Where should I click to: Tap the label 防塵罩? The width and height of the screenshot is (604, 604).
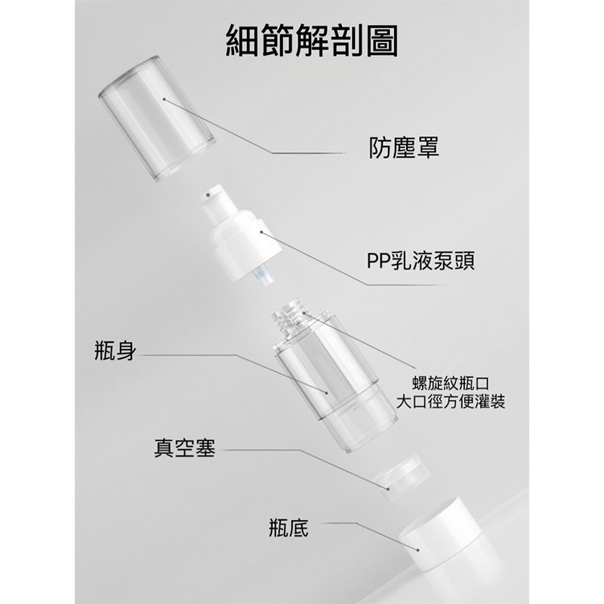(x=404, y=146)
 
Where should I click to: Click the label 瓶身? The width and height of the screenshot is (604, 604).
(x=116, y=351)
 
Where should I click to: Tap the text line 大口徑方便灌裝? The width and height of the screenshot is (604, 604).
(x=450, y=400)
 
